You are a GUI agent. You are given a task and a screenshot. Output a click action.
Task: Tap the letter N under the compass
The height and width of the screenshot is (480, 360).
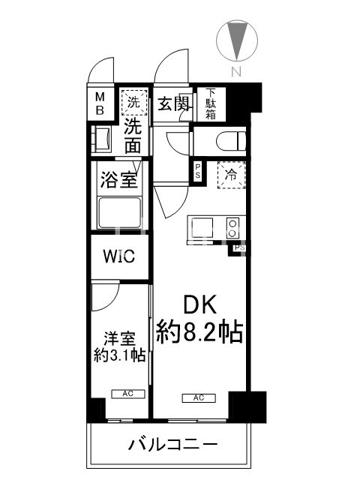click(x=235, y=73)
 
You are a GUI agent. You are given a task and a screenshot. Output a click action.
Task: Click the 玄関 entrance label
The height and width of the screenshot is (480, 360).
click(x=173, y=103)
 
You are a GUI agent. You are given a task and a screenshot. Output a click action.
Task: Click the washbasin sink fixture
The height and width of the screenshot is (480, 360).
click(x=102, y=139)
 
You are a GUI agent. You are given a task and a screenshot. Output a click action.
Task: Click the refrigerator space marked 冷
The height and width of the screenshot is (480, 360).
click(x=230, y=172)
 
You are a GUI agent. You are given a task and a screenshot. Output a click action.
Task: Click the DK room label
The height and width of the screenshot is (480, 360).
click(x=200, y=305)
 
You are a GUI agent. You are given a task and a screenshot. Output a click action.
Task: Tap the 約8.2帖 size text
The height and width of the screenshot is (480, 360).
click(x=200, y=332)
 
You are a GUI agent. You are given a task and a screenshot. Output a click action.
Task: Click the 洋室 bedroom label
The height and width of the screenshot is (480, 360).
click(x=118, y=339)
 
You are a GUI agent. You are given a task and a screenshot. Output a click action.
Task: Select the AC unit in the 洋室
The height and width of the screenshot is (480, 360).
click(x=124, y=392)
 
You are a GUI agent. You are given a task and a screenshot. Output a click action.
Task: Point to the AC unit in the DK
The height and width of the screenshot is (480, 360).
click(x=199, y=397)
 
